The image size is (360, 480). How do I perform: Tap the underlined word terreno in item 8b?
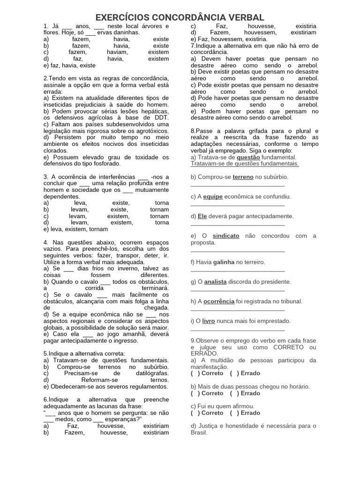click(x=243, y=177)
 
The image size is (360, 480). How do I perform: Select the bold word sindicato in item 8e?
click(x=226, y=236)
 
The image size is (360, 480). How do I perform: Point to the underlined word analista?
click(x=216, y=282)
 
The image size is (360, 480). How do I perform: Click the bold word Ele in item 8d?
click(x=202, y=216)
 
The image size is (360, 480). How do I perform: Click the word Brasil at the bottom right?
click(x=199, y=433)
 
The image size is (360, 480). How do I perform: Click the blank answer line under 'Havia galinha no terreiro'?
click(x=238, y=270)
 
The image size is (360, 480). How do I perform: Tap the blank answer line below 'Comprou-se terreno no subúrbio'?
click(x=238, y=185)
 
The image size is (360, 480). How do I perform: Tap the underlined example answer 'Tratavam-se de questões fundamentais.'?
click(x=245, y=164)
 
